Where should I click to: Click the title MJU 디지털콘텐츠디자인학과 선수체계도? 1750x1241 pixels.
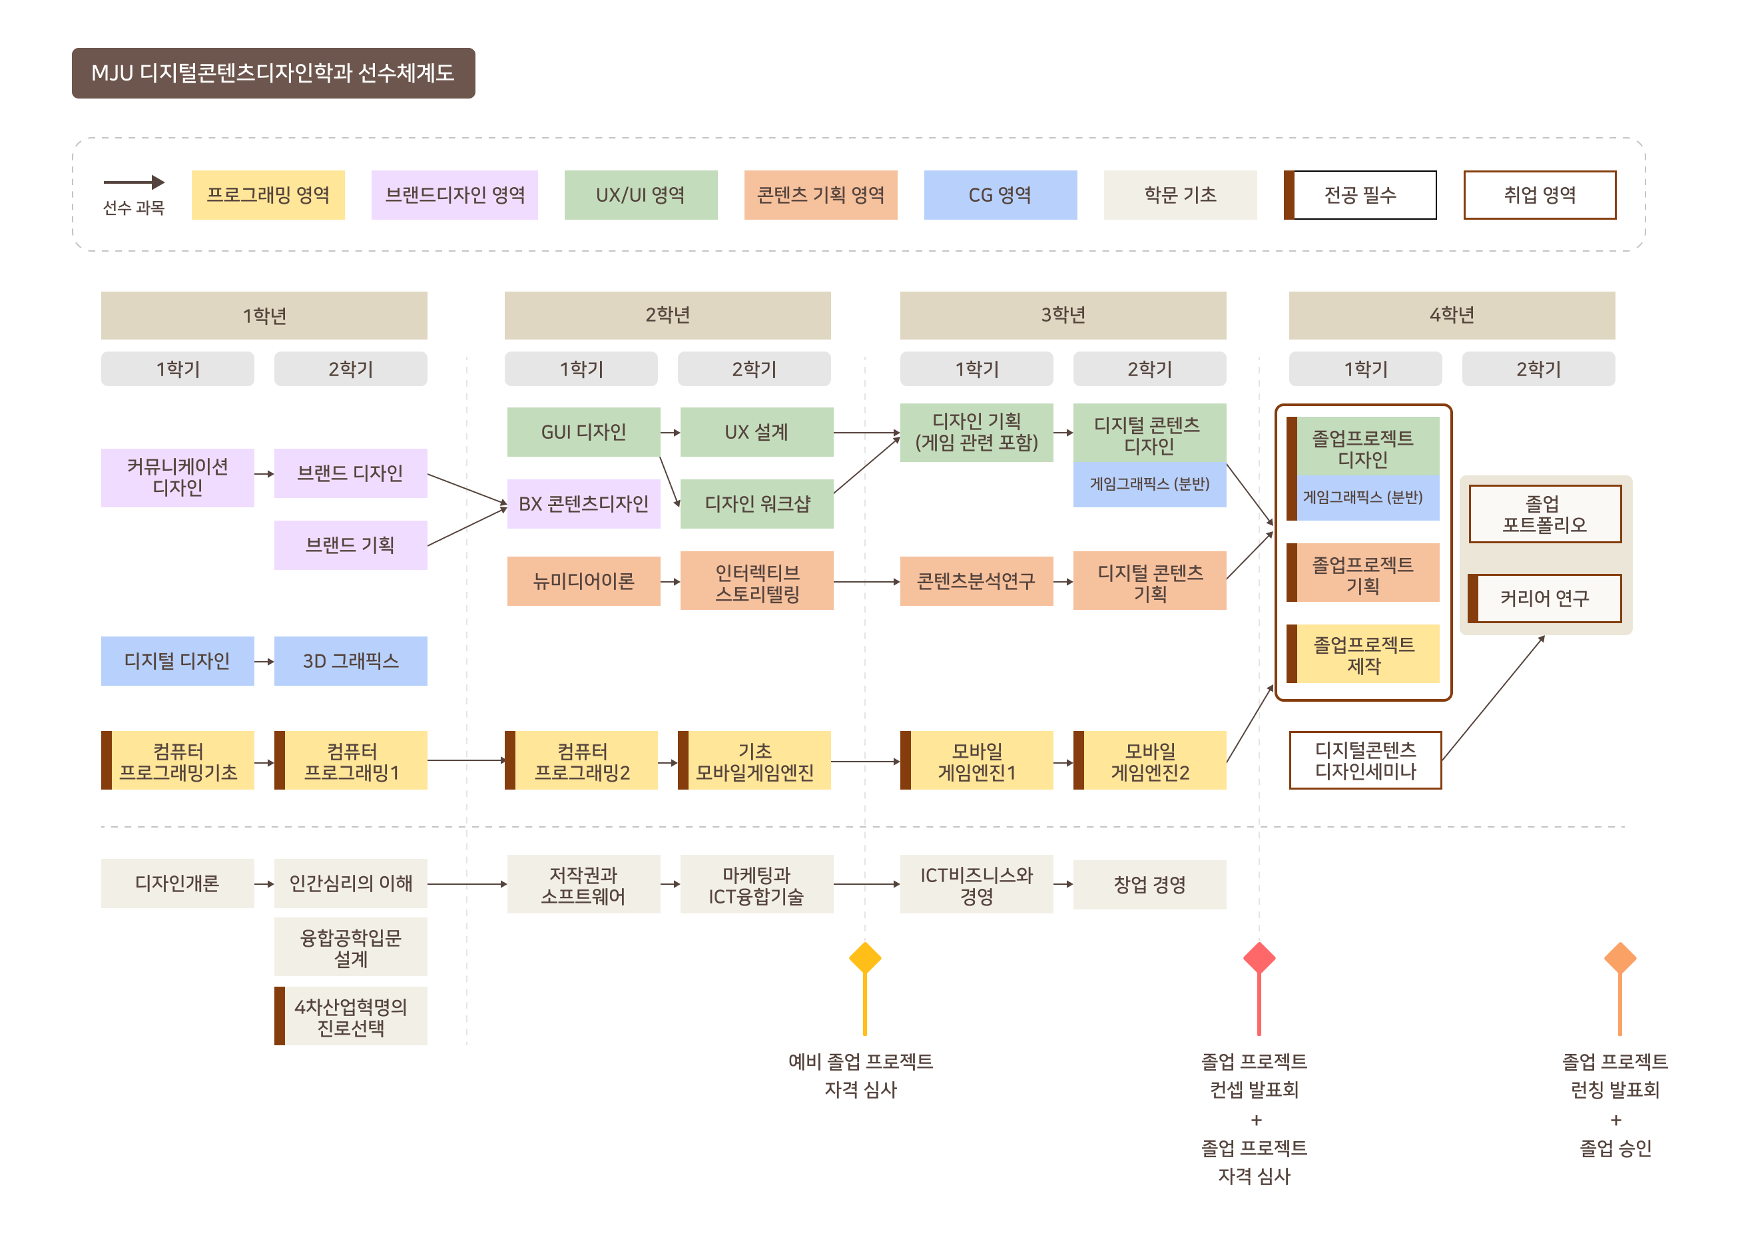(x=273, y=73)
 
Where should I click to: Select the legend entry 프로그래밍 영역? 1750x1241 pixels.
(x=268, y=195)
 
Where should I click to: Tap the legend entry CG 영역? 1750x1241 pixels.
(x=1000, y=195)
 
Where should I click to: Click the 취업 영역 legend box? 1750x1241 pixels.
(x=1539, y=195)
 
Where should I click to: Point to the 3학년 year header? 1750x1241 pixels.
(x=1062, y=315)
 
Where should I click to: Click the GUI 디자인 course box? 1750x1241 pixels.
(x=583, y=431)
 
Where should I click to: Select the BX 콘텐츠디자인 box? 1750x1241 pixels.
(x=583, y=503)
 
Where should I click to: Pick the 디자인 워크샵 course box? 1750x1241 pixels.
(x=756, y=503)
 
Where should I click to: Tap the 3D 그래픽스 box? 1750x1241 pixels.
(x=350, y=661)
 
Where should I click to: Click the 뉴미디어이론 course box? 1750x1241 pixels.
(x=583, y=581)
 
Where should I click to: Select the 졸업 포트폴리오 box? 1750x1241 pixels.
(x=1544, y=514)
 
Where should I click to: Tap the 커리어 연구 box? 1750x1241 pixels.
(x=1544, y=599)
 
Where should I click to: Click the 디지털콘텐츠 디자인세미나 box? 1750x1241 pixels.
(x=1365, y=760)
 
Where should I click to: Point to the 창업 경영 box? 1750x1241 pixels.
(x=1149, y=885)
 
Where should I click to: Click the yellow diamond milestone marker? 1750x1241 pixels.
(x=865, y=958)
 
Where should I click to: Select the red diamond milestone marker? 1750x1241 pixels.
(x=1259, y=958)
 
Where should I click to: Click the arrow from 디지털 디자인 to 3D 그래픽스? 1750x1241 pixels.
(x=264, y=662)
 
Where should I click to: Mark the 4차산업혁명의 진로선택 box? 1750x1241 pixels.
(x=350, y=1017)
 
